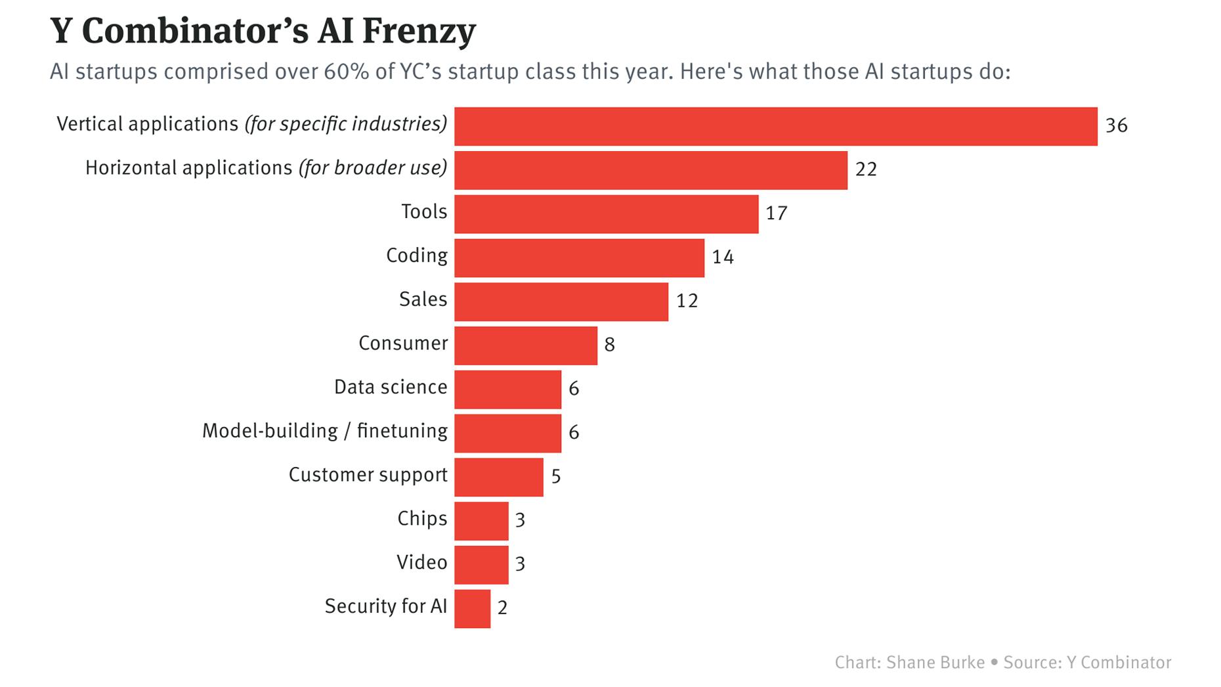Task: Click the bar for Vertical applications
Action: click(x=775, y=126)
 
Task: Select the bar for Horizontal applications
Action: click(x=651, y=170)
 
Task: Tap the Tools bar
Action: click(x=606, y=214)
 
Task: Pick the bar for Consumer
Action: click(x=525, y=345)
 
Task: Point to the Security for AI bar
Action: click(x=472, y=609)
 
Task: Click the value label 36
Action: click(x=1116, y=125)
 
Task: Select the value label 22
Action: click(x=866, y=169)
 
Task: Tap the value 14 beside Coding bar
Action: click(x=722, y=257)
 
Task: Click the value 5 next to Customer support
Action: click(x=555, y=476)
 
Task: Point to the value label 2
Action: click(x=502, y=608)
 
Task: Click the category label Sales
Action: click(x=423, y=299)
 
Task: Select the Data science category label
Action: click(x=390, y=387)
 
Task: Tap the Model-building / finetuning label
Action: click(x=324, y=431)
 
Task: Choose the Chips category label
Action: click(x=421, y=519)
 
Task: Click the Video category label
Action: click(x=421, y=562)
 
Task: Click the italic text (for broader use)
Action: click(x=372, y=168)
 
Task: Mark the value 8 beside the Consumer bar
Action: click(x=609, y=345)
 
